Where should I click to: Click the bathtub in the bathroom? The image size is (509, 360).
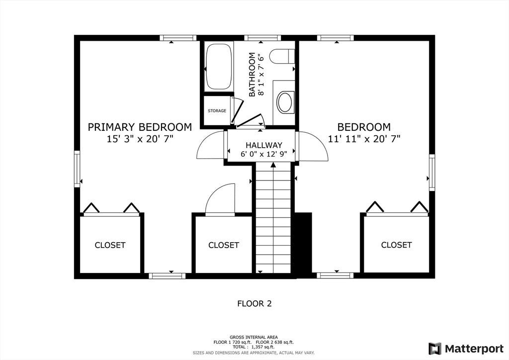[219, 67]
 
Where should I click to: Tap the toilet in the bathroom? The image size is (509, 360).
[282, 56]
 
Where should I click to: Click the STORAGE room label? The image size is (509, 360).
[217, 111]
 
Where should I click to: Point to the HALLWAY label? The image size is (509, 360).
[264, 145]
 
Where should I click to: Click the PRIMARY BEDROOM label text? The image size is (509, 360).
[140, 127]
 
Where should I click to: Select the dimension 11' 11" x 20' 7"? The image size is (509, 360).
[364, 139]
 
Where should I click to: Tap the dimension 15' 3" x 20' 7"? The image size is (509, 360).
[140, 139]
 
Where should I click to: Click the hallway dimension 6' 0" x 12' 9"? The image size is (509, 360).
[264, 154]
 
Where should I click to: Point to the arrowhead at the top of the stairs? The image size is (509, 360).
[273, 165]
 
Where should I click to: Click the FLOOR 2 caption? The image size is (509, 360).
[254, 303]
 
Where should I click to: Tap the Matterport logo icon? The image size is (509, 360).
[435, 349]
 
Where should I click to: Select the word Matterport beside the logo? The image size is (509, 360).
[474, 349]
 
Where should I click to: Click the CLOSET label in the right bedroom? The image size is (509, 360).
[396, 245]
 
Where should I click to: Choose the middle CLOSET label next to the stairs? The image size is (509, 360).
[224, 245]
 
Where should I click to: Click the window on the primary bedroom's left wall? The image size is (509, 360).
[77, 169]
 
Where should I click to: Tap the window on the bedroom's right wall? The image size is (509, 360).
[432, 173]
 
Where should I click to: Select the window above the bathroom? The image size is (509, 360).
[262, 38]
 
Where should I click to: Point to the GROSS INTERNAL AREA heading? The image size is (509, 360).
[254, 337]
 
